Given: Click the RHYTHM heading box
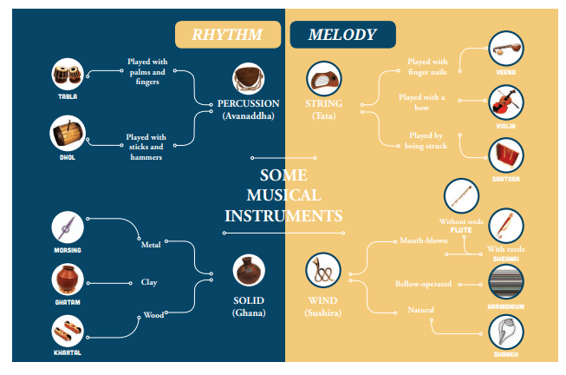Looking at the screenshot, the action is [228, 35].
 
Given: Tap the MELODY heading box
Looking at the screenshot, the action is [342, 35].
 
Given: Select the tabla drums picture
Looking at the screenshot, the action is [68, 74].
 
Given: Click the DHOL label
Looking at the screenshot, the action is [68, 157].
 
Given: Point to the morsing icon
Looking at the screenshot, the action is [68, 227].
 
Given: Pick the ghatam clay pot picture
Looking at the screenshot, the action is [68, 280].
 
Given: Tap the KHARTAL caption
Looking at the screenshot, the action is [68, 352].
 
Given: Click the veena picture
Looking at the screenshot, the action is [505, 49].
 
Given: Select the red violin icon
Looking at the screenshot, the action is [505, 102].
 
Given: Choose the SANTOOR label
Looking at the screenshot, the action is [505, 179].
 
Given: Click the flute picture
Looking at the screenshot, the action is [461, 195].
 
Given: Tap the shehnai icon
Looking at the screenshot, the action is [505, 226].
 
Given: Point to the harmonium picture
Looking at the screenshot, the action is [505, 282].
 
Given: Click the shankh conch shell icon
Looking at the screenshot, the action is [505, 332].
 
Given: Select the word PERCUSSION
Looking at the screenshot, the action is [249, 103].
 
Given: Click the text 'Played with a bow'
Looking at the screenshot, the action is [421, 102].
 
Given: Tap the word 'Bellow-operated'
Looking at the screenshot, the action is [423, 284].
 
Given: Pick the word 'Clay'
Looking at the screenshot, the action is [149, 282].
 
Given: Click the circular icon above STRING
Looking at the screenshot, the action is [324, 78].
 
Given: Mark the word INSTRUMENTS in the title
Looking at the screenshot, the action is [283, 216].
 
